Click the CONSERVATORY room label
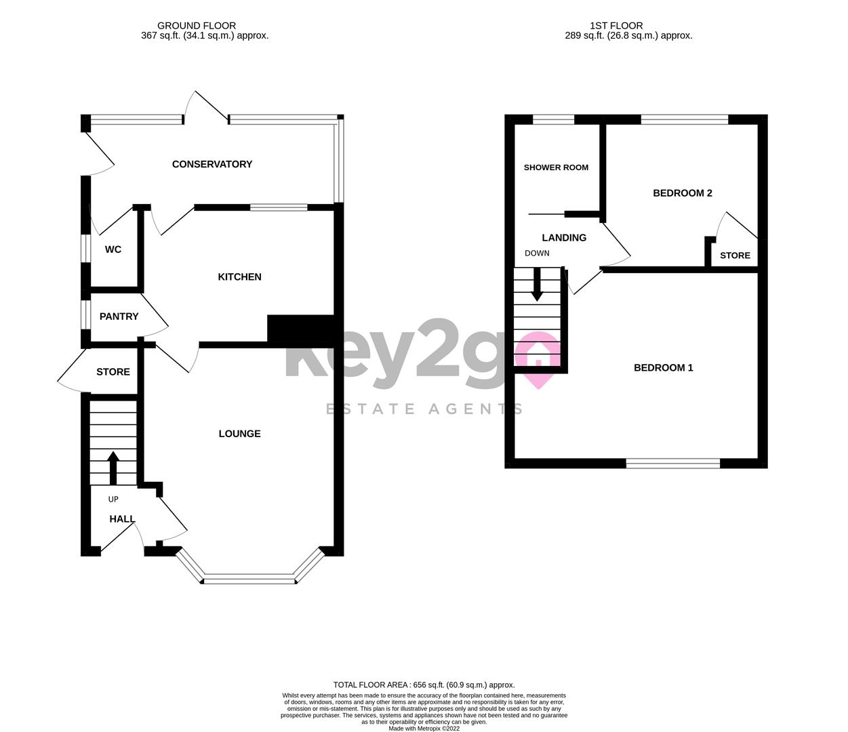tap(212, 164)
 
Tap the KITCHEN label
tap(239, 277)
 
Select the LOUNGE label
tap(239, 434)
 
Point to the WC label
tap(113, 249)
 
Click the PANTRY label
tap(119, 317)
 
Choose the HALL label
tap(122, 519)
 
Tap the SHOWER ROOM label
tap(556, 167)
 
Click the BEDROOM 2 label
tap(683, 193)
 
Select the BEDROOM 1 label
tap(664, 368)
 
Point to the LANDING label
tap(564, 238)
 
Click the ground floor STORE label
tap(113, 372)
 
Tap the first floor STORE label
tap(735, 256)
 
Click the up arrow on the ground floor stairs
tap(113, 467)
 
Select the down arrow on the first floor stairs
tap(537, 285)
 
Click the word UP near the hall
tap(113, 500)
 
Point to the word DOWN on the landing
tap(537, 253)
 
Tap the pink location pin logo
tap(538, 359)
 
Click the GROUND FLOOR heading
tap(197, 26)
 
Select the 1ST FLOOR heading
tap(616, 26)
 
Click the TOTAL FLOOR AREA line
tap(424, 685)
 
